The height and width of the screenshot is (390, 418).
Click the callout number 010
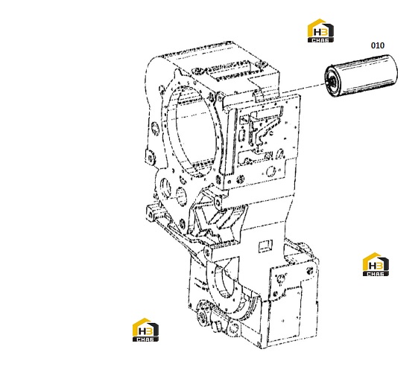[x=378, y=45]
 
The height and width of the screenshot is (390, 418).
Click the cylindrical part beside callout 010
[x=361, y=76]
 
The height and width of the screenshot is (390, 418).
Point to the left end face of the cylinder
[x=332, y=81]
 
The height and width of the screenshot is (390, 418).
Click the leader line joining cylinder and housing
[x=304, y=89]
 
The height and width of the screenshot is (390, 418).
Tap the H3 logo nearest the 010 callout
[x=320, y=31]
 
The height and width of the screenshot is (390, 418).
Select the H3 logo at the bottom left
[x=145, y=330]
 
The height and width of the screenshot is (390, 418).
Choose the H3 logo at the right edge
[x=376, y=264]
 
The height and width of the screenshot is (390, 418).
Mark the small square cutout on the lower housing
[x=265, y=246]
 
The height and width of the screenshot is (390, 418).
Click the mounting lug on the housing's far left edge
[x=150, y=158]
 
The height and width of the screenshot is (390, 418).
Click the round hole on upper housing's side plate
[x=271, y=170]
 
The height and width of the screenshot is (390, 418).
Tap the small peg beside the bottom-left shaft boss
[x=218, y=325]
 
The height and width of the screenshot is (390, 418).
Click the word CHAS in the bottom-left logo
[x=145, y=339]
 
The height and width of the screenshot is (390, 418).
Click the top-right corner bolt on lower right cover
[x=310, y=270]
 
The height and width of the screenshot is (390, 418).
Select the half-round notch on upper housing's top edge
[x=257, y=95]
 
